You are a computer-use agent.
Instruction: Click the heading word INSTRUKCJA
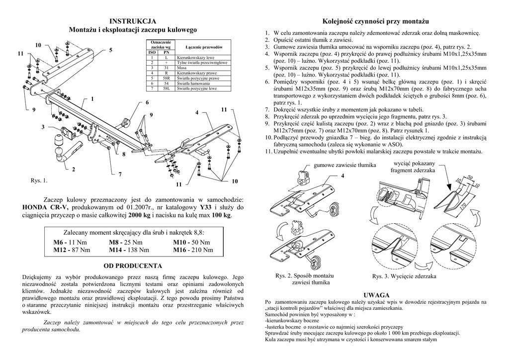pos(133,21)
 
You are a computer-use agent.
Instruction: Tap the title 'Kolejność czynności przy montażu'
pos(375,21)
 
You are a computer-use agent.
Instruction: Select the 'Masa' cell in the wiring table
pos(183,68)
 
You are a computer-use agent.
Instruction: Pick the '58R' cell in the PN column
pos(167,78)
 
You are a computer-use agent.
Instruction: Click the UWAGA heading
pos(376,295)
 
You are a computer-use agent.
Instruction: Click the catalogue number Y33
pos(204,207)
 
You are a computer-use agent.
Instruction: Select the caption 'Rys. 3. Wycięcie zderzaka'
pos(404,276)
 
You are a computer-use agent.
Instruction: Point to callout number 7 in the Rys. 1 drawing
pos(120,174)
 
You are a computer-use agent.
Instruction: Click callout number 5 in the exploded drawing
pos(110,50)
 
